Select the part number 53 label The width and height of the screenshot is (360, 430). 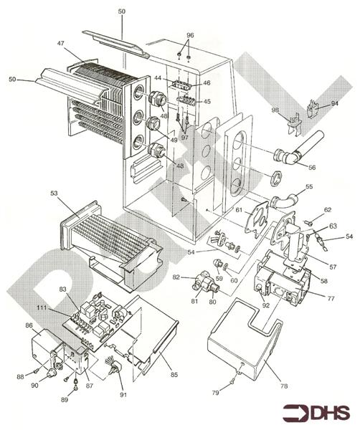click(x=53, y=193)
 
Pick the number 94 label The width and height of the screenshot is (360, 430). click(x=334, y=103)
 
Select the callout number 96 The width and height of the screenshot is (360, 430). click(x=190, y=35)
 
